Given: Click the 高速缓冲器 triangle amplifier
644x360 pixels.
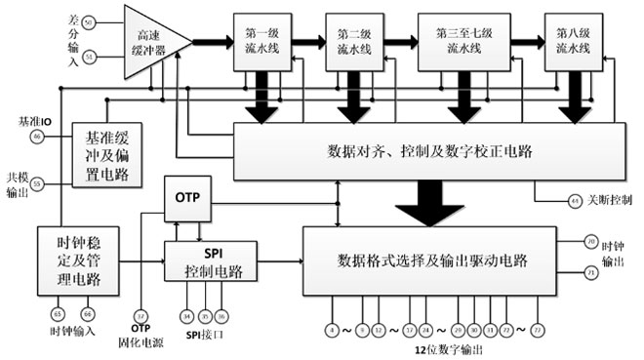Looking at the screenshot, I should (x=152, y=42).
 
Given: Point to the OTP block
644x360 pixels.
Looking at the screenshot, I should (x=186, y=198).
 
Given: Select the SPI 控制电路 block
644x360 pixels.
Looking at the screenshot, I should (x=205, y=260).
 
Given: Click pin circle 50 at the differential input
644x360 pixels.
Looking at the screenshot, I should (x=90, y=21).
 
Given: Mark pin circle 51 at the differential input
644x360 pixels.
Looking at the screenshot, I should (x=90, y=58).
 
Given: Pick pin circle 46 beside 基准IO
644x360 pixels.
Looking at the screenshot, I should (x=37, y=138).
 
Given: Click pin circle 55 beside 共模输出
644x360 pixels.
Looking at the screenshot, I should (x=37, y=182).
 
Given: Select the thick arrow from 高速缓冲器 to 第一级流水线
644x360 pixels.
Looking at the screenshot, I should (x=208, y=42).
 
